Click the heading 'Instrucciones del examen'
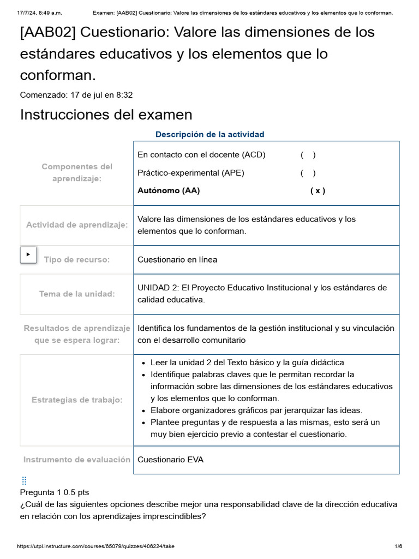106,115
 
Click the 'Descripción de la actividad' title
209,134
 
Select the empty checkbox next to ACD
308,155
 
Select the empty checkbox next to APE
308,173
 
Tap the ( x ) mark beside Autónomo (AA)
318,191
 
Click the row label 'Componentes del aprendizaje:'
77,173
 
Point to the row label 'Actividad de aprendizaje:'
77,225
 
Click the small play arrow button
28,254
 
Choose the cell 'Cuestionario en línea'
177,260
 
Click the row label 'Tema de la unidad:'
77,294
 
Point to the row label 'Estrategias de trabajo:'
77,400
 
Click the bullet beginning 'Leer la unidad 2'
247,362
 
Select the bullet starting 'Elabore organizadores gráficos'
256,411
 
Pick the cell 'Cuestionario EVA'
170,460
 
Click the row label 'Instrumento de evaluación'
77,460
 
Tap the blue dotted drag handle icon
24,480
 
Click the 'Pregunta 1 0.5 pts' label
55,492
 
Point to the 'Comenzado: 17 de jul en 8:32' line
76,95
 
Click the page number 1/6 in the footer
398,546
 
